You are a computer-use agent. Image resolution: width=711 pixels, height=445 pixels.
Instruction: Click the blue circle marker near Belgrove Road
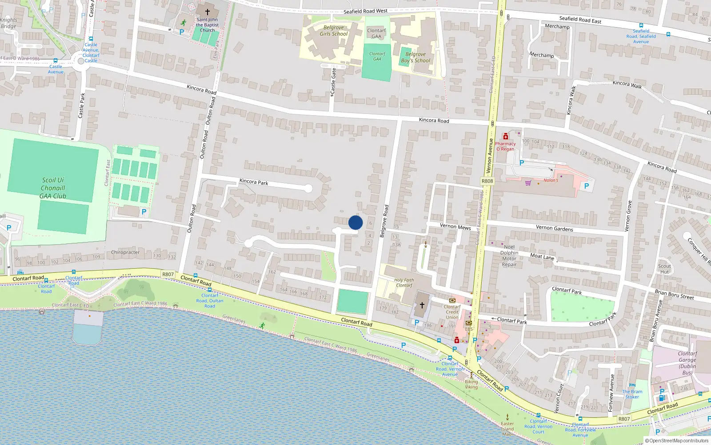(x=355, y=222)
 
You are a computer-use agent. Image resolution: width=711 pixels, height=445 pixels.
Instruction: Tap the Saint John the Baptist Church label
(x=208, y=25)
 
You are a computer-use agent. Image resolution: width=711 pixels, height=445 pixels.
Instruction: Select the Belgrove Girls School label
(x=334, y=31)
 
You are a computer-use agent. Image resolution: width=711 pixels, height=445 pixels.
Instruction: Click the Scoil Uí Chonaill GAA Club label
(x=53, y=188)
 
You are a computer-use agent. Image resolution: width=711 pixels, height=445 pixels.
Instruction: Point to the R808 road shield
(x=487, y=181)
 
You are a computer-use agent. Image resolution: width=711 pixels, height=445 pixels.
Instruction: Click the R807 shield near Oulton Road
(x=168, y=274)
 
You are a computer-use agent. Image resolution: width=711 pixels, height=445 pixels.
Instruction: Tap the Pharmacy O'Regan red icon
(x=505, y=136)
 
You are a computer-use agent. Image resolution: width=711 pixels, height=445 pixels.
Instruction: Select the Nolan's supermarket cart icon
(x=528, y=182)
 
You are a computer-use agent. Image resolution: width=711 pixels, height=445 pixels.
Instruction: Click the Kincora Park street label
(x=254, y=182)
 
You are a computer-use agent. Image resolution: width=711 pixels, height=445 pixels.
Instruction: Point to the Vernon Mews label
(x=455, y=227)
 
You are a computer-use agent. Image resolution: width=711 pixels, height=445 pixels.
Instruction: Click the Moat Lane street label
(x=542, y=256)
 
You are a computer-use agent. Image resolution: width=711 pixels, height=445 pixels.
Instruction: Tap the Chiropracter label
(x=125, y=252)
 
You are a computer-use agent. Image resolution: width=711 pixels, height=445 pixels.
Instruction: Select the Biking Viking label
(x=471, y=384)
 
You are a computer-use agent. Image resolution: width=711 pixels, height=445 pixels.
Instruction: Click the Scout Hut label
(x=664, y=269)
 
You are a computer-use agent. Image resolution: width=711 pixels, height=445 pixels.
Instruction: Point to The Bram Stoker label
(x=632, y=394)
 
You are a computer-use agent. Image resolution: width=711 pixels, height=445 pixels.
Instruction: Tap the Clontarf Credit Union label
(x=452, y=312)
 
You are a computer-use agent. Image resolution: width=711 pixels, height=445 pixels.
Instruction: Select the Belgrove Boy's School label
(x=415, y=57)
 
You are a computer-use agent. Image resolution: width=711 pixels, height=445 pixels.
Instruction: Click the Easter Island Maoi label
(x=507, y=429)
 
